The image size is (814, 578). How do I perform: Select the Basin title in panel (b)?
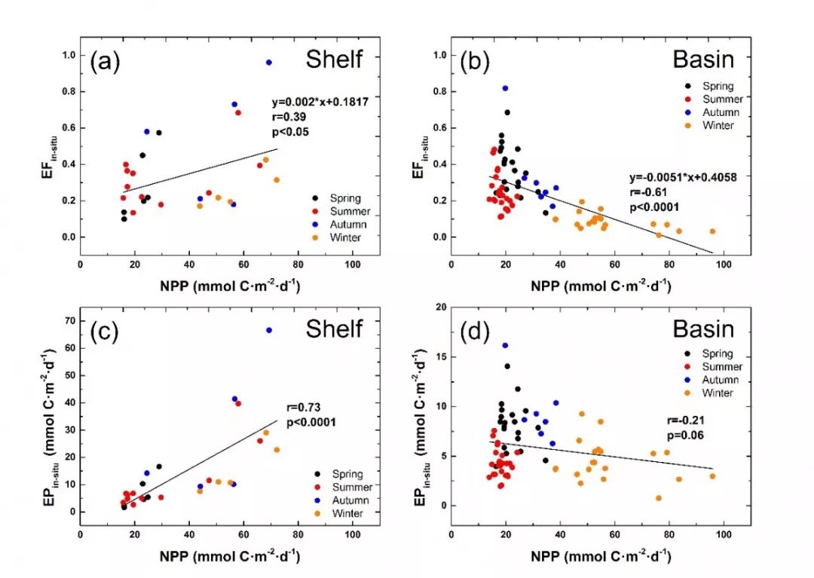699,60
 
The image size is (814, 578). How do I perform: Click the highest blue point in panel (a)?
268,63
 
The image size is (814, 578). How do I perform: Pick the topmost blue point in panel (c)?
268,330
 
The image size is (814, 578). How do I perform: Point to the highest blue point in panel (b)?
505,88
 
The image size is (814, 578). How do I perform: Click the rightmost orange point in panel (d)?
712,476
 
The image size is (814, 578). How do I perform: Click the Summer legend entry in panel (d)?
717,367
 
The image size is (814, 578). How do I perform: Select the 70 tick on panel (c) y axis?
68,321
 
